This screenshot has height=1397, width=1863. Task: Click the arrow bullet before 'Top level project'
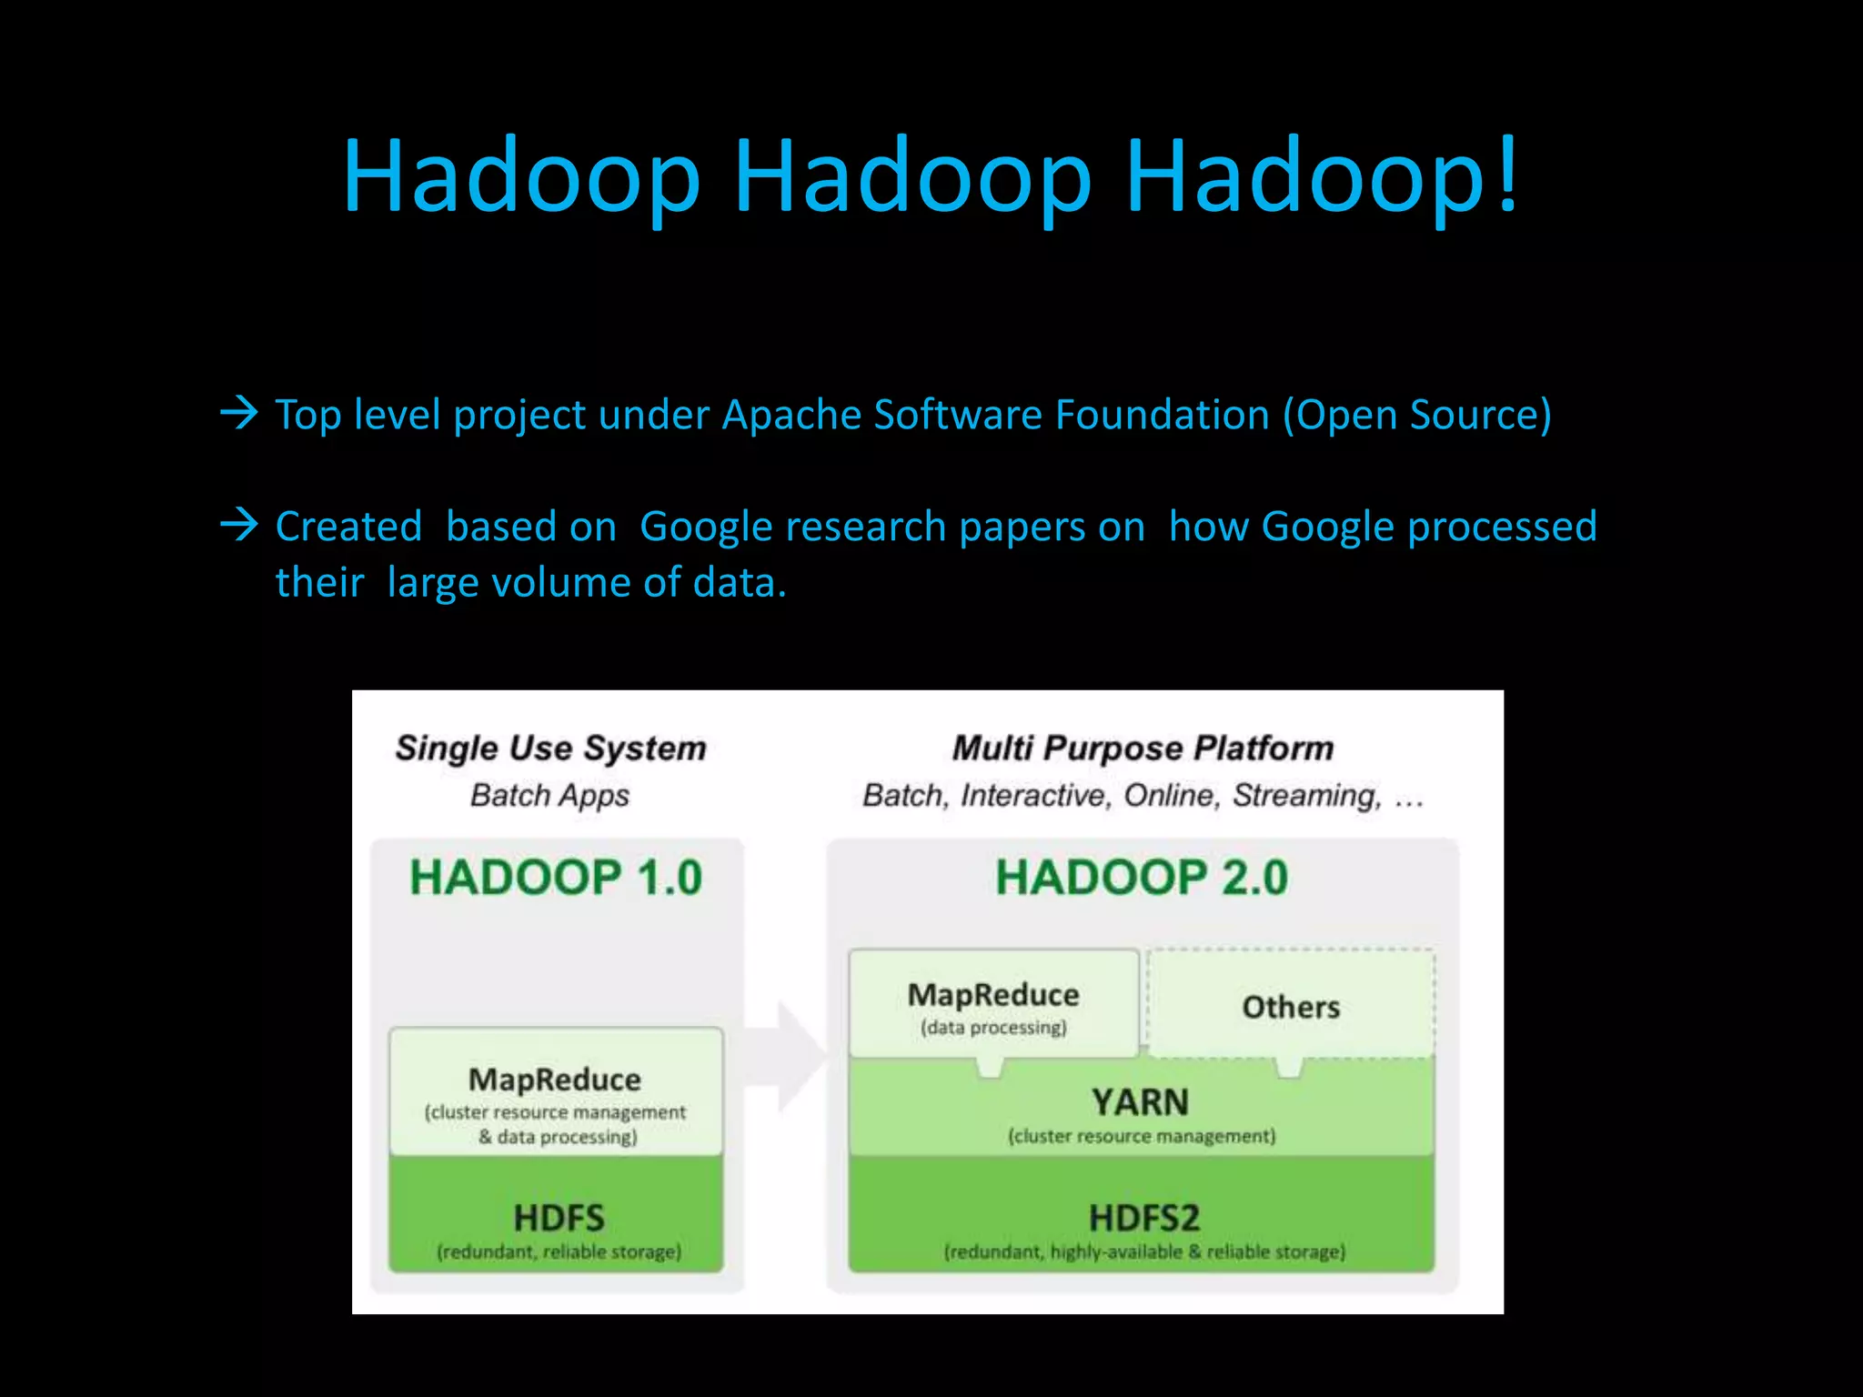(239, 414)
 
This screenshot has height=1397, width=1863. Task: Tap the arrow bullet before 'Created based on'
(239, 525)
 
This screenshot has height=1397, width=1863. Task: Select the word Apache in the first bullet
(791, 415)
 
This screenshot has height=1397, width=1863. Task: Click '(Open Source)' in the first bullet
(1416, 415)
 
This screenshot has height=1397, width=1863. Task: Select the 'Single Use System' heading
(550, 748)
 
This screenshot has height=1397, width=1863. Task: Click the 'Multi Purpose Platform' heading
(1143, 748)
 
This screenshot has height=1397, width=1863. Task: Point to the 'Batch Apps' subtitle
(549, 795)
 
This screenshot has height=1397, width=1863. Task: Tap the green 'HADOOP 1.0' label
(556, 878)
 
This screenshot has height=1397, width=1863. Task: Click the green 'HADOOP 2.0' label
(1142, 878)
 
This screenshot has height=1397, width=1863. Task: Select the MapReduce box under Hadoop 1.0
(556, 1092)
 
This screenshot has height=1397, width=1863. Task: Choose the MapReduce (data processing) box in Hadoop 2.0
(993, 1004)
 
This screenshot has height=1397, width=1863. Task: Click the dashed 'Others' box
(1291, 1006)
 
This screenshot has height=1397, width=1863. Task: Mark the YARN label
(1141, 1102)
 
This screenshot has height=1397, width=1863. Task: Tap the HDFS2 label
(1143, 1218)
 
